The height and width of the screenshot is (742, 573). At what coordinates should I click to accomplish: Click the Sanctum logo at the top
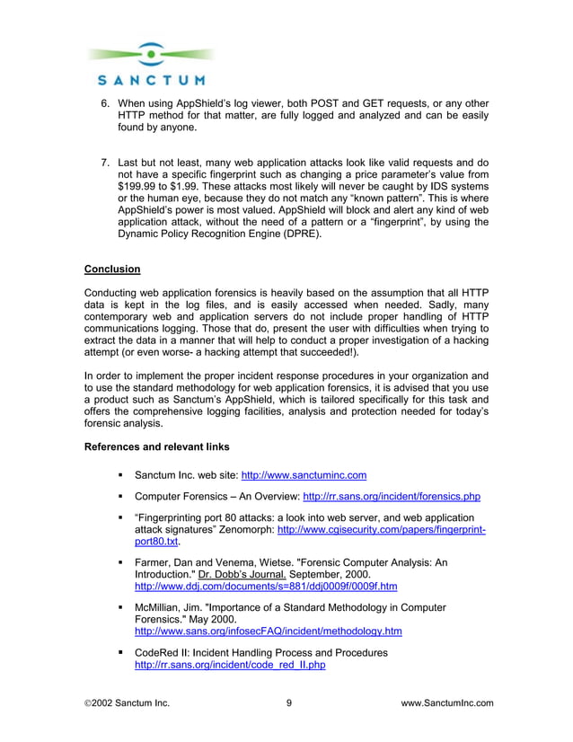150,66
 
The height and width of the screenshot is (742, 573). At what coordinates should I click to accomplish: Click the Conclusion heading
112,269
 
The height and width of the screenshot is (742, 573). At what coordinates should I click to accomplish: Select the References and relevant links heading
156,446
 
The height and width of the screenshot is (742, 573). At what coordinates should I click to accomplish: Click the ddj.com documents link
265,587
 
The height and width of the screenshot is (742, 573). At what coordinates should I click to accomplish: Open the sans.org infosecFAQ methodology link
268,632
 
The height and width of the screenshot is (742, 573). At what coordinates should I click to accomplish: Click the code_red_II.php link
229,665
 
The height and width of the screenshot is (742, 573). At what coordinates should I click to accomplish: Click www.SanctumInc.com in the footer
446,703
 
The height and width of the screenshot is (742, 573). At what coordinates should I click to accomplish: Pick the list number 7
104,163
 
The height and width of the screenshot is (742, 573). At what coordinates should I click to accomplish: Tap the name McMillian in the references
162,608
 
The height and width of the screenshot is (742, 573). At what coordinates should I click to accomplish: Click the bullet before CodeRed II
119,652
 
